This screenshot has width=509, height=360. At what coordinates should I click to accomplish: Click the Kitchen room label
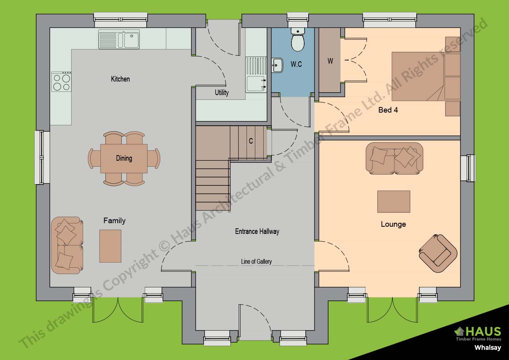coord(120,79)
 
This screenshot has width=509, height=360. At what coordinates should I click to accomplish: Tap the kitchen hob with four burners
coord(61,82)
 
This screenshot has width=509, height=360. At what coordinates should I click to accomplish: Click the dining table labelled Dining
coord(124,158)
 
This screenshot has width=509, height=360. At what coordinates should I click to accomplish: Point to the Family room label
coord(114,221)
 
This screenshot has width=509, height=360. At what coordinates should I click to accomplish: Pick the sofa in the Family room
coord(67,245)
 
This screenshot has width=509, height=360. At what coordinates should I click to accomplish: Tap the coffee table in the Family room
coord(110,246)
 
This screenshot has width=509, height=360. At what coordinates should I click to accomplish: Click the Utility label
coord(221,93)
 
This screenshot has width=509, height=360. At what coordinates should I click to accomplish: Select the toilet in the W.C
coord(297,40)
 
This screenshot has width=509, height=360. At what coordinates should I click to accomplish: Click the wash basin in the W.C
coord(278,65)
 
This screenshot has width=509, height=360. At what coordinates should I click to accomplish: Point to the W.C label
coord(296,64)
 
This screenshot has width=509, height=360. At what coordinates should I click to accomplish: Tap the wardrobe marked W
coord(330,61)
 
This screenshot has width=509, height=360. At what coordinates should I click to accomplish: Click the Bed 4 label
coord(388,110)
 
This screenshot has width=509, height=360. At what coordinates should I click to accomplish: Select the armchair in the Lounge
coord(438,253)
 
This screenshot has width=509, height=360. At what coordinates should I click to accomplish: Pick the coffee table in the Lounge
coord(393,202)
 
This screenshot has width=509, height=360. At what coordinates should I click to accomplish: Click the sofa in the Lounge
coord(394,158)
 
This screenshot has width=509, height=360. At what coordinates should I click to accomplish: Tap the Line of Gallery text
coord(256,262)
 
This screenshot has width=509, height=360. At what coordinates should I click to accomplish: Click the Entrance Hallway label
coord(257,232)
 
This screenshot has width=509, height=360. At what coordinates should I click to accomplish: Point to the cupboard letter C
coord(251,141)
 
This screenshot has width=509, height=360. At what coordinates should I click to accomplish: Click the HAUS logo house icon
coord(459,331)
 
